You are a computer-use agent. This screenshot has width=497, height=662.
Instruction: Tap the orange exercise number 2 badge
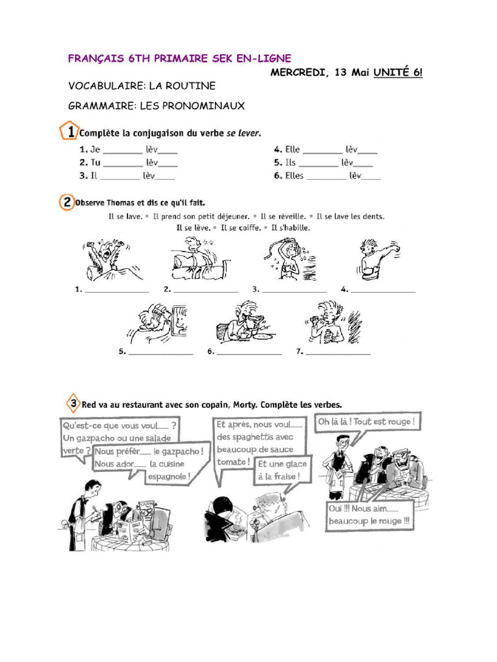pos(67,202)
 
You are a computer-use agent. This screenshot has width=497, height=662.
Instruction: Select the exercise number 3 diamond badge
pos(74,404)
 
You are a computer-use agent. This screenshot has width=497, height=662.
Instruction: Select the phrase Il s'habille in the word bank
pos(291,228)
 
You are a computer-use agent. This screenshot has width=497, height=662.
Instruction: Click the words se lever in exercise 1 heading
pos(242,133)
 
